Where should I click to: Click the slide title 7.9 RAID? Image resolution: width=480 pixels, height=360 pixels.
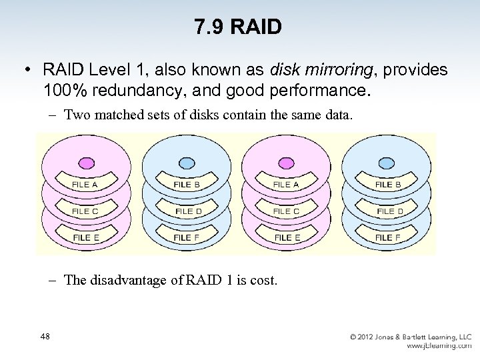coord(239,27)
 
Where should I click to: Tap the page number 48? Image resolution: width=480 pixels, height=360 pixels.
coord(45,337)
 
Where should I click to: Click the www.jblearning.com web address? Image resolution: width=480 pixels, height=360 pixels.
coord(439,346)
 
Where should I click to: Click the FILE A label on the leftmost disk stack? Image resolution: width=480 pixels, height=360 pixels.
coord(85,185)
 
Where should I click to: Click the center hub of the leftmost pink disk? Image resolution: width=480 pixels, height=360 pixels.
coord(86,162)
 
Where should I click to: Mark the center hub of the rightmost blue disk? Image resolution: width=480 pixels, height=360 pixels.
coord(385,162)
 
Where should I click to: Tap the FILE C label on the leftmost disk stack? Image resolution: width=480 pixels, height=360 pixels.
coord(85,211)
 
